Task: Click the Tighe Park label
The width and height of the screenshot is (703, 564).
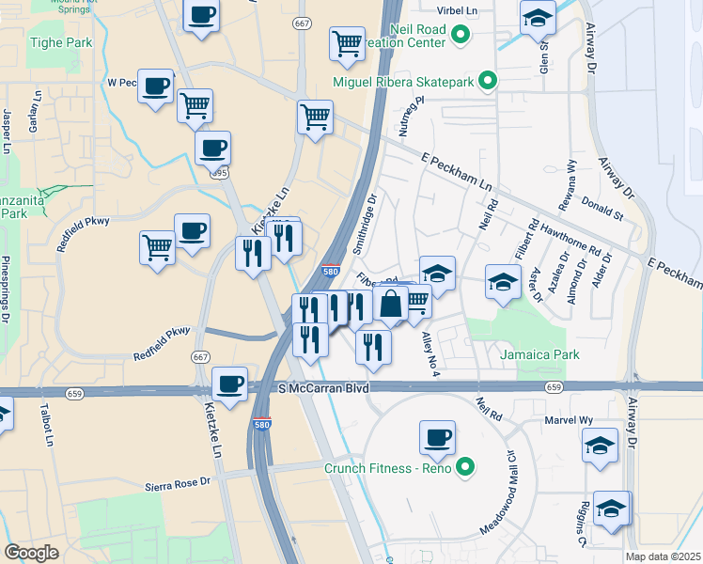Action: pyautogui.click(x=61, y=42)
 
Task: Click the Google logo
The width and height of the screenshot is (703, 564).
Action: pyautogui.click(x=32, y=552)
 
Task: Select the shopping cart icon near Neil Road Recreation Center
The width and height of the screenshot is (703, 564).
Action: pyautogui.click(x=347, y=42)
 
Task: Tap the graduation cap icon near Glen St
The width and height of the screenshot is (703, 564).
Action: pyautogui.click(x=538, y=19)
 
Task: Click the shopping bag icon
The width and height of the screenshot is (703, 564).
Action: pyautogui.click(x=390, y=304)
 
